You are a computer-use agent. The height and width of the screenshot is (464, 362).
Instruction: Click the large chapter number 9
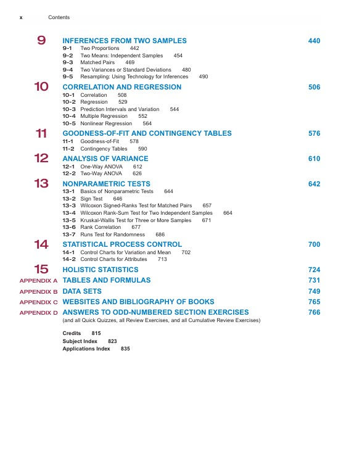(41, 41)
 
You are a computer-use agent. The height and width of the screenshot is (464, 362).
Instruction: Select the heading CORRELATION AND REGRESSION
(122, 88)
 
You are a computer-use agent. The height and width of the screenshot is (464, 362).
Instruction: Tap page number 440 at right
(314, 41)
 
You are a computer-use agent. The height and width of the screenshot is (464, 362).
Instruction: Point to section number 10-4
(69, 116)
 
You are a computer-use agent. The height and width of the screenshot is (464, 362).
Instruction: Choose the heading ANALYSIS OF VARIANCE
(105, 159)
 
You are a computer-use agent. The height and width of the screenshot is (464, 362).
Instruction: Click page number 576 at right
(314, 133)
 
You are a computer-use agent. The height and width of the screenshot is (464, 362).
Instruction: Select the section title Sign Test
(91, 199)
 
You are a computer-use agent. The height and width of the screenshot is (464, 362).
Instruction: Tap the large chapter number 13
(41, 184)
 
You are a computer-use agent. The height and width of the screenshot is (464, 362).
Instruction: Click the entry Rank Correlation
(101, 227)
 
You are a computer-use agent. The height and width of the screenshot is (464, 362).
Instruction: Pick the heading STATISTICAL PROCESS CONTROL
(122, 245)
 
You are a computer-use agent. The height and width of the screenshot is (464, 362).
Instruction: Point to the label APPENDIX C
(38, 302)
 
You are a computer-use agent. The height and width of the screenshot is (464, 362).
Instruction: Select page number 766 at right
(314, 313)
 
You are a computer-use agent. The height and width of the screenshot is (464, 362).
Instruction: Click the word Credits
(72, 333)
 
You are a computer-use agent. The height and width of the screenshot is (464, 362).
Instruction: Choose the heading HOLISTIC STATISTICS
(101, 270)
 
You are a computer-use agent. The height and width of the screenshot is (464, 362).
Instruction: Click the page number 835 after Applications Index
(125, 349)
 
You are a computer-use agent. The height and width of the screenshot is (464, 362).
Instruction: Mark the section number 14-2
(69, 259)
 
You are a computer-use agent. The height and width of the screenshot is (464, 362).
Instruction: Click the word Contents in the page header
(59, 17)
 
